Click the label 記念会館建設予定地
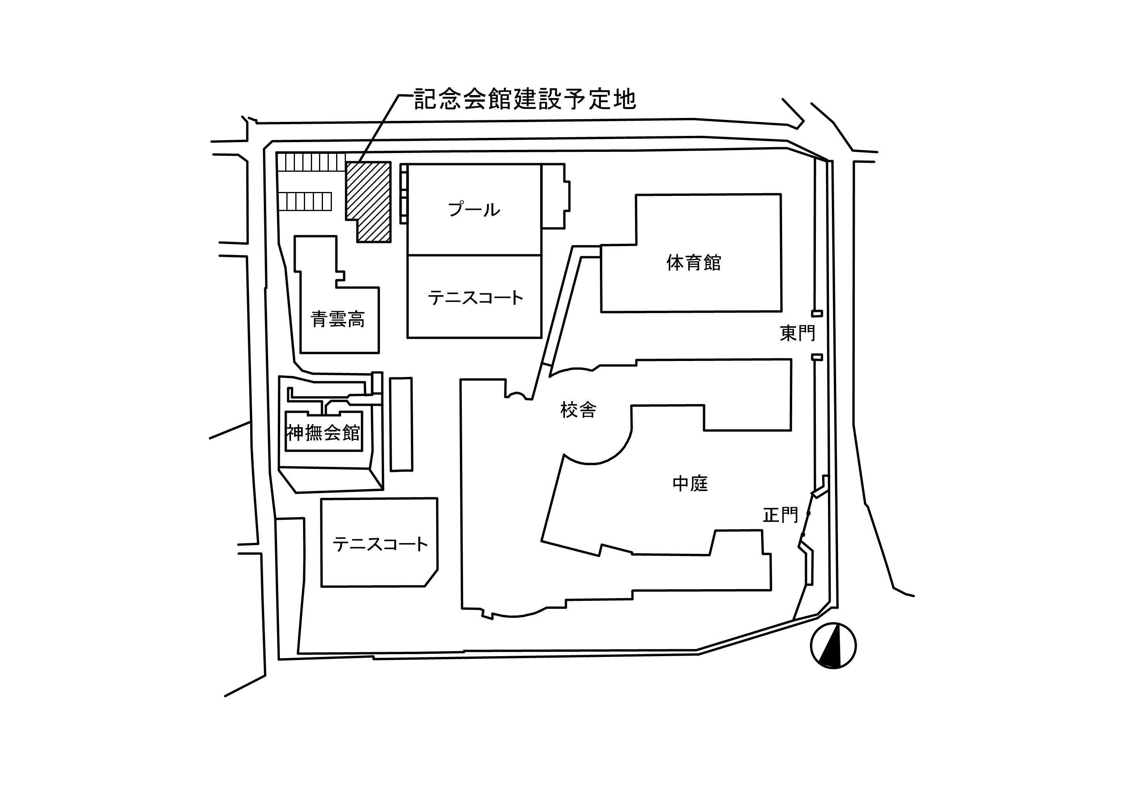point(525,99)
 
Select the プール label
point(474,210)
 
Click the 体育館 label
point(693,262)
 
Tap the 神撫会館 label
point(324,433)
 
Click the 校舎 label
point(578,409)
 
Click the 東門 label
point(797,333)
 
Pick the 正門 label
point(780,515)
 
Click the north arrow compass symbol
point(833,645)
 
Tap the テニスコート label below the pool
point(475,298)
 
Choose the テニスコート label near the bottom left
point(380,544)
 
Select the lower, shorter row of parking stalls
point(305,201)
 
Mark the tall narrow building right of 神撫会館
point(401,424)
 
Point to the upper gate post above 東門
point(817,313)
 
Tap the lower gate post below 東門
point(817,357)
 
